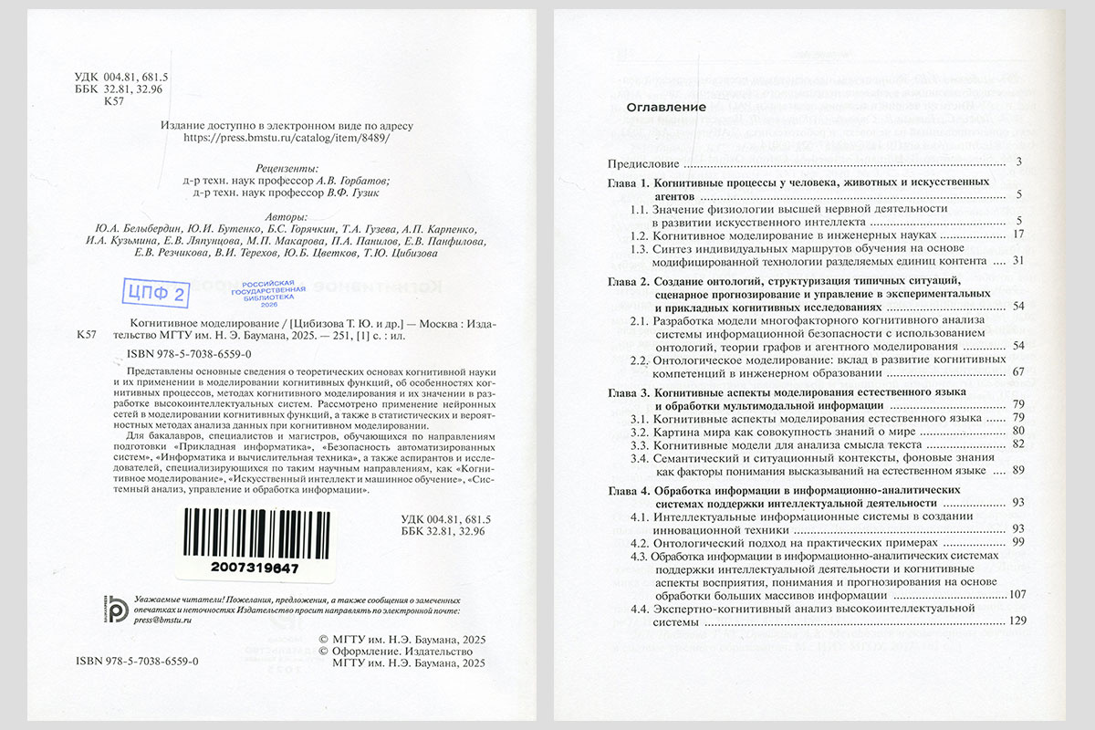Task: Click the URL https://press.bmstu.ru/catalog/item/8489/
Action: click(287, 139)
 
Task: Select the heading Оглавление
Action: click(666, 108)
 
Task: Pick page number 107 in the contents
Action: click(1018, 595)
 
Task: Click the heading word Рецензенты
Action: click(287, 168)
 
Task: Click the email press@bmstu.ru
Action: click(162, 620)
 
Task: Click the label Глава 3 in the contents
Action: click(629, 391)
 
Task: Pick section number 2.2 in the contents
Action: click(640, 359)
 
